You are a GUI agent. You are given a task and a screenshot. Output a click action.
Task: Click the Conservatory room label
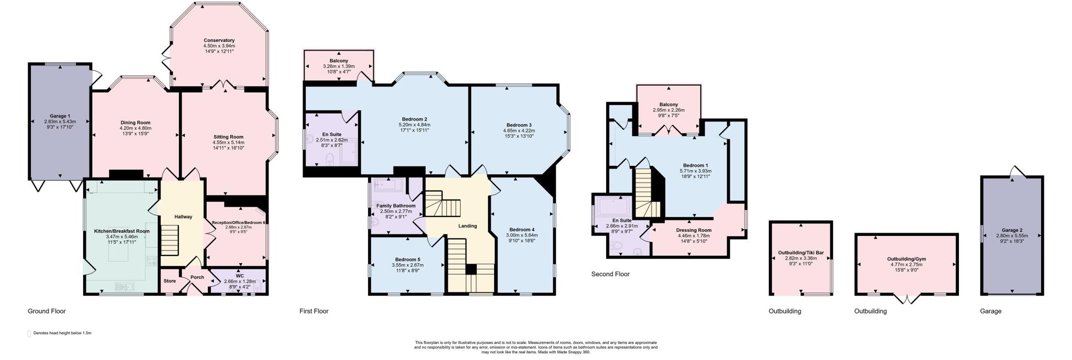pos(219,40)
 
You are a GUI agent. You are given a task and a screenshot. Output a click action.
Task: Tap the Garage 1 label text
pos(60,116)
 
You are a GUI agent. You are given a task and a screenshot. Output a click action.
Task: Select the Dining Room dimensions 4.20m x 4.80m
pos(136,128)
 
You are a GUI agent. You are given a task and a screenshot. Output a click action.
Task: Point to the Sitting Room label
pos(228,137)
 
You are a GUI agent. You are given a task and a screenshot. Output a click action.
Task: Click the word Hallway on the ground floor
pos(183,217)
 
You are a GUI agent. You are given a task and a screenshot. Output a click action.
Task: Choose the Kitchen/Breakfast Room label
pos(121,231)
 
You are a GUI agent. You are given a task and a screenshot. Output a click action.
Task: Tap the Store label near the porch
pos(170,281)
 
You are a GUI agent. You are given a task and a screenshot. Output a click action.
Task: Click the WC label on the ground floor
pos(240,276)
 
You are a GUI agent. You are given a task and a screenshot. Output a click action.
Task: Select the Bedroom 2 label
pos(415,119)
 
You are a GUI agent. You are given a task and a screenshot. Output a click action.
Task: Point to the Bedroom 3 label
pos(519,125)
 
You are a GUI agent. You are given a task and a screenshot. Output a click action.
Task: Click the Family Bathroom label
pos(396,206)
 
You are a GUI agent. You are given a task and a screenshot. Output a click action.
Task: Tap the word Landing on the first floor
pos(467,226)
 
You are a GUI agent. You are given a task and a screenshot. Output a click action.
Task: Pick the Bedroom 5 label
pos(407,260)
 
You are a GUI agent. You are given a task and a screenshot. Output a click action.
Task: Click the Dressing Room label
pos(694,230)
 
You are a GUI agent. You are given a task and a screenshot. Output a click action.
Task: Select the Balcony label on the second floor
pos(668,105)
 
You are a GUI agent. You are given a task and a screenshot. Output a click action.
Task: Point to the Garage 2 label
pos(1012,230)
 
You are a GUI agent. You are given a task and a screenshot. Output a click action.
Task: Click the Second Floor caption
pos(610,274)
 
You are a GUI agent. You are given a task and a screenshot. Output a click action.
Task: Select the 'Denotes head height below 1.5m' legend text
pos(62,333)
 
